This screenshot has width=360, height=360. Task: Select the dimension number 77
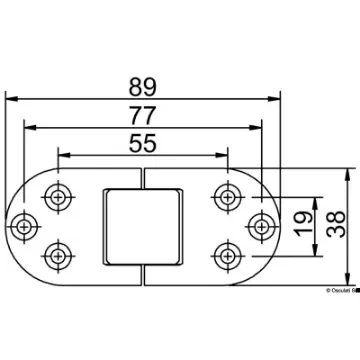[x=142, y=113]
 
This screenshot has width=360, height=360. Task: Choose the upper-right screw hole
[x=225, y=196]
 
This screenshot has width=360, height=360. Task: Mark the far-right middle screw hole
[x=259, y=222]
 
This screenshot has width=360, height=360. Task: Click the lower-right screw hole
[x=225, y=248]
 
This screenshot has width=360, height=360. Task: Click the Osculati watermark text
[x=330, y=291]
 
